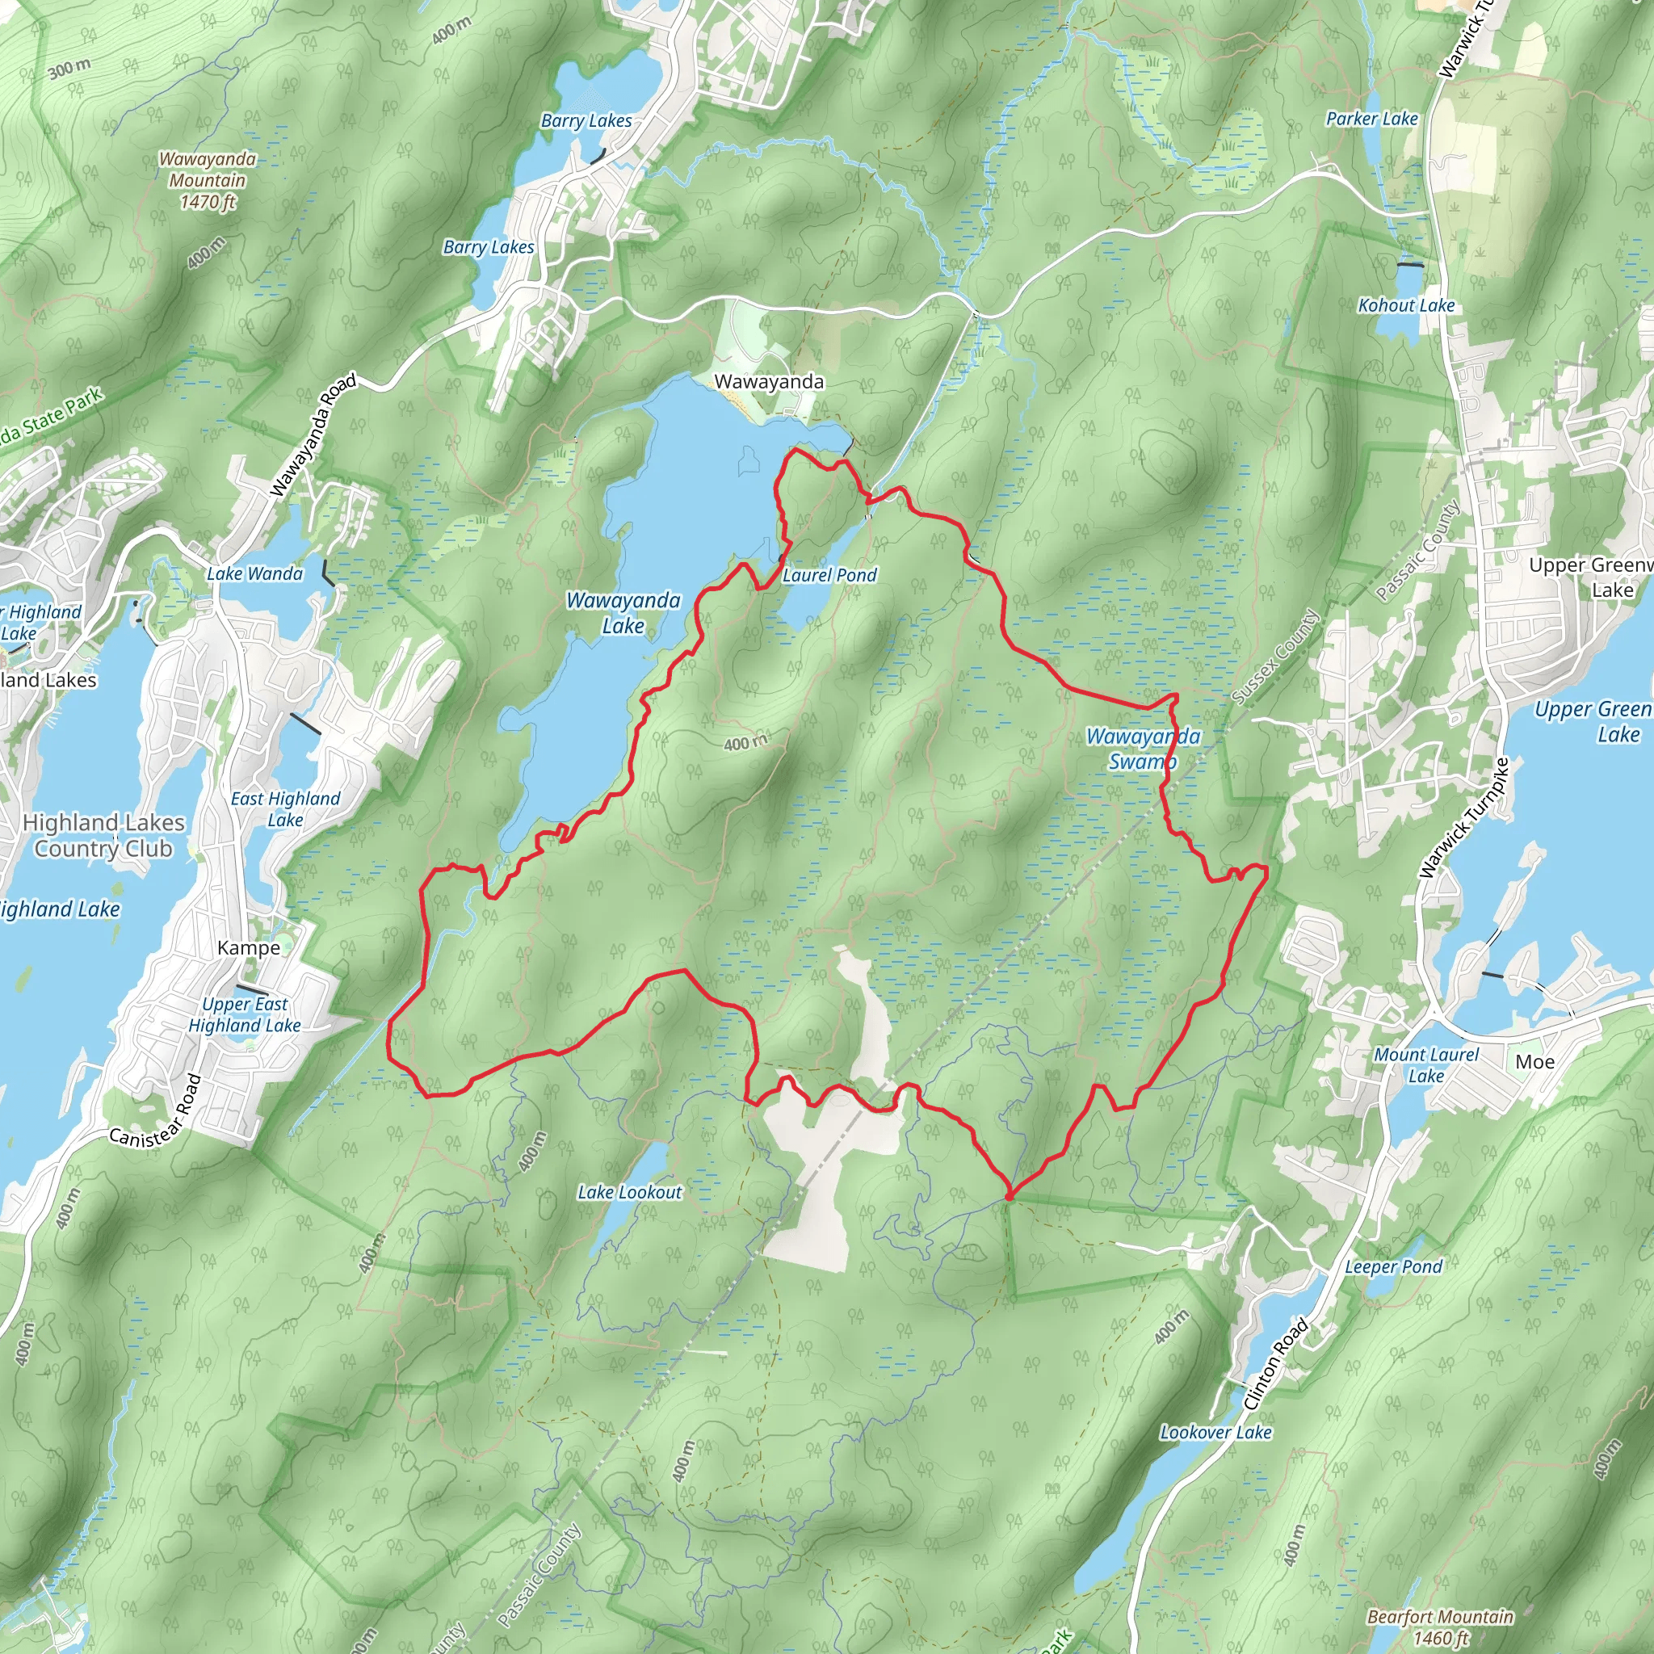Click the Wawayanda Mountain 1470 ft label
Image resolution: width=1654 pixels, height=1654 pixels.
tap(208, 181)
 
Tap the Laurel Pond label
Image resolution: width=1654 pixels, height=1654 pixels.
tap(829, 575)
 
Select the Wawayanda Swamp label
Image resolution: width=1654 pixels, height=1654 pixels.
tap(1143, 749)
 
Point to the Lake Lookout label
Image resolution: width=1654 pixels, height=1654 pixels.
tap(630, 1193)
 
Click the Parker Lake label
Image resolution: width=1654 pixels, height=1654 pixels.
tap(1371, 119)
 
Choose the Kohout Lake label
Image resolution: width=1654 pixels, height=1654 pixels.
tap(1407, 305)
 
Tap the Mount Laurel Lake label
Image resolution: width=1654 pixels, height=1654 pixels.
tap(1426, 1065)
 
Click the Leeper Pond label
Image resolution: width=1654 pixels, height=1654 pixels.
tap(1394, 1267)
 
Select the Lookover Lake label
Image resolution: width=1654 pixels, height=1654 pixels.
tap(1215, 1432)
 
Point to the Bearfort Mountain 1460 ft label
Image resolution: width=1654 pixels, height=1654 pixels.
tap(1440, 1627)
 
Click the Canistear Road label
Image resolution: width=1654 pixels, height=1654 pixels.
tap(156, 1110)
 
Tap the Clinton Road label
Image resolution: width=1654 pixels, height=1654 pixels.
tap(1275, 1365)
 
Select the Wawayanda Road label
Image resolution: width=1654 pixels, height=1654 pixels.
tap(313, 436)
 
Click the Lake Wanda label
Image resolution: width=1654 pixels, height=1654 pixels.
tap(255, 573)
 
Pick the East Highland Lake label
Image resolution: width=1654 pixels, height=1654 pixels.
tap(286, 809)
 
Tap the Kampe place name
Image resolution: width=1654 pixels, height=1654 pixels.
tap(248, 947)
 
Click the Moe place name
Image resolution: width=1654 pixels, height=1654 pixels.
tap(1535, 1061)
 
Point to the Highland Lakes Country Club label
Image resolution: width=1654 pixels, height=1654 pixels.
tap(103, 836)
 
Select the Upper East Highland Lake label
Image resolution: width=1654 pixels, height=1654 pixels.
tap(245, 1014)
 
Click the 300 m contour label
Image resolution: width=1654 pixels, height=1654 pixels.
tap(69, 68)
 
